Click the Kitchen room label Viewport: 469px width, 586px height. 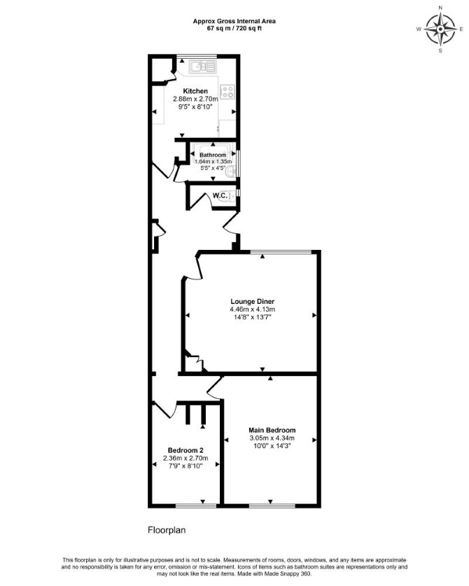195,91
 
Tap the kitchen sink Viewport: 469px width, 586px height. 202,67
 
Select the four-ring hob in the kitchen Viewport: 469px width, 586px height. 227,92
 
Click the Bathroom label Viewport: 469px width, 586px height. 213,155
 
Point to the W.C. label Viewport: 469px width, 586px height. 220,195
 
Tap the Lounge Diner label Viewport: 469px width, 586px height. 252,301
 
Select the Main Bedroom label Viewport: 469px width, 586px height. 272,430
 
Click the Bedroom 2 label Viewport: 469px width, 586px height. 185,450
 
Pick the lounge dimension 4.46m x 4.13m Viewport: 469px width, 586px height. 252,309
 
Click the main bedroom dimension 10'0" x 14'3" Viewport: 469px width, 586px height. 272,446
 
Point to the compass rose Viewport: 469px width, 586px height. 440,29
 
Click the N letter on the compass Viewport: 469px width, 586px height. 440,8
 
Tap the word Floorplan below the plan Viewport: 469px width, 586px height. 167,530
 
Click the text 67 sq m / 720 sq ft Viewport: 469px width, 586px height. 234,28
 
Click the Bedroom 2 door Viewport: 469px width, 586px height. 164,410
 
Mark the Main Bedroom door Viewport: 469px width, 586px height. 214,389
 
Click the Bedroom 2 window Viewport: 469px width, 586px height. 196,506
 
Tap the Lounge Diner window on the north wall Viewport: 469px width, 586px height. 280,252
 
